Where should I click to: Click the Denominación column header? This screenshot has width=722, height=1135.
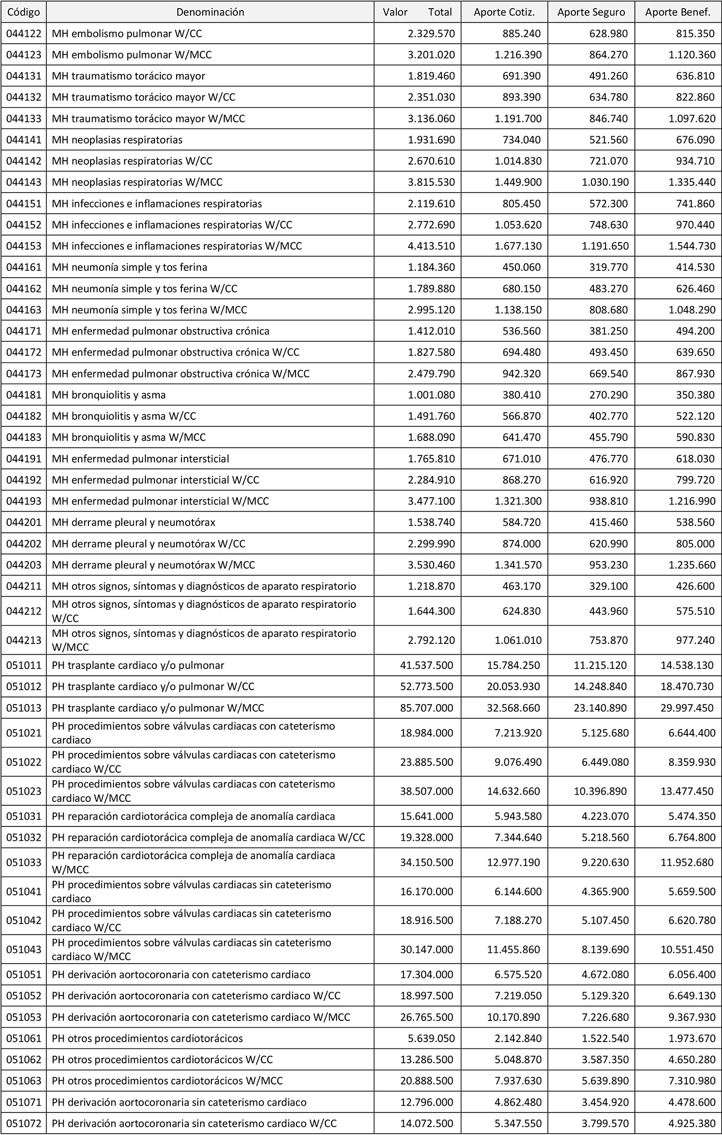210,12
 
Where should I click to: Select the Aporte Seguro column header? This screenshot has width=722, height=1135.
591,12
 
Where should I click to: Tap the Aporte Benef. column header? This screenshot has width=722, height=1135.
678,12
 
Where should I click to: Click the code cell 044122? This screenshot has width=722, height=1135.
24,33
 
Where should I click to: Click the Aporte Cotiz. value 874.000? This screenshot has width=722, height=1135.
522,543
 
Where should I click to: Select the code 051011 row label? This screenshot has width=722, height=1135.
24,665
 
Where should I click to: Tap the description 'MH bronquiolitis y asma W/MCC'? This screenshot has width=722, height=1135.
129,437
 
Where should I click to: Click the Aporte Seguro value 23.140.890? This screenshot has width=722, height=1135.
600,708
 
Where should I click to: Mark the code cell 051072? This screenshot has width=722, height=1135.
24,1123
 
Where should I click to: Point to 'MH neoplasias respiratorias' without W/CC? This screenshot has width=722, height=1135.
117,140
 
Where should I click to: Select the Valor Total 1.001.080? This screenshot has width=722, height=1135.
431,395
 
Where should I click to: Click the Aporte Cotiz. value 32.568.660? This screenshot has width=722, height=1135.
514,708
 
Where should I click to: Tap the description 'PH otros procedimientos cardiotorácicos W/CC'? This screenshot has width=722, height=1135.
162,1059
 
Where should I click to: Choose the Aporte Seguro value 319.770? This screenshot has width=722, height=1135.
608,267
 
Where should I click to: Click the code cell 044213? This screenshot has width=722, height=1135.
24,640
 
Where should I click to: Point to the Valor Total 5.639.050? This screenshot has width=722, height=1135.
426,1038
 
